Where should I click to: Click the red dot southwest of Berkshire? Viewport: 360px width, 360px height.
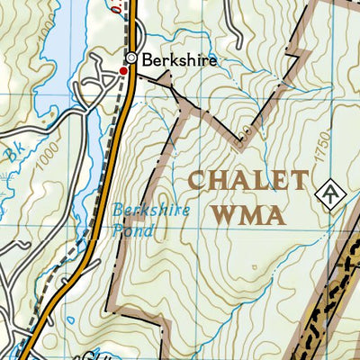click(x=123, y=69)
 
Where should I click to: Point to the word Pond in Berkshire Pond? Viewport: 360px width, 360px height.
click(x=133, y=230)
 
